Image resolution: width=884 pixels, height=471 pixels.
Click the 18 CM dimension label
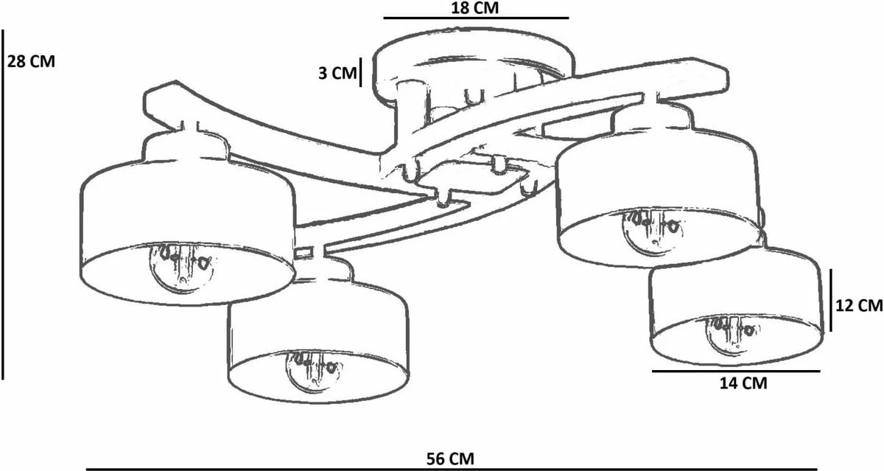pos(474,8)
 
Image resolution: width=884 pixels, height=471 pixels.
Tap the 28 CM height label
pos(31,62)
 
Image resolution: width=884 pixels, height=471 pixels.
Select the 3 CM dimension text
pos(337,73)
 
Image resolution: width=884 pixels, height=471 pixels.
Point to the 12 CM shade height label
pos(859,305)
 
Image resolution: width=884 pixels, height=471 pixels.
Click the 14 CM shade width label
pos(743,383)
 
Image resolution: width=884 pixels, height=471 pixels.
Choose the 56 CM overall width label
pos(450,458)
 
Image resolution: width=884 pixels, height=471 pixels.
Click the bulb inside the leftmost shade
pos(181,268)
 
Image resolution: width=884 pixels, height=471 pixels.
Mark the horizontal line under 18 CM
pos(477,18)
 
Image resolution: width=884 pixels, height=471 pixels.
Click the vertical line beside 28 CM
pos(3,204)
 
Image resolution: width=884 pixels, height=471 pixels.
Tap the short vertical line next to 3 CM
pos(360,71)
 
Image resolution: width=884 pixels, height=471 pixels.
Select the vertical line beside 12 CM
pos(831,300)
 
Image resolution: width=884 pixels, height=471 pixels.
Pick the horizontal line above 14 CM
pos(736,371)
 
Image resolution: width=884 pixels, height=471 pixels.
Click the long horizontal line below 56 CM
pos(451,470)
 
